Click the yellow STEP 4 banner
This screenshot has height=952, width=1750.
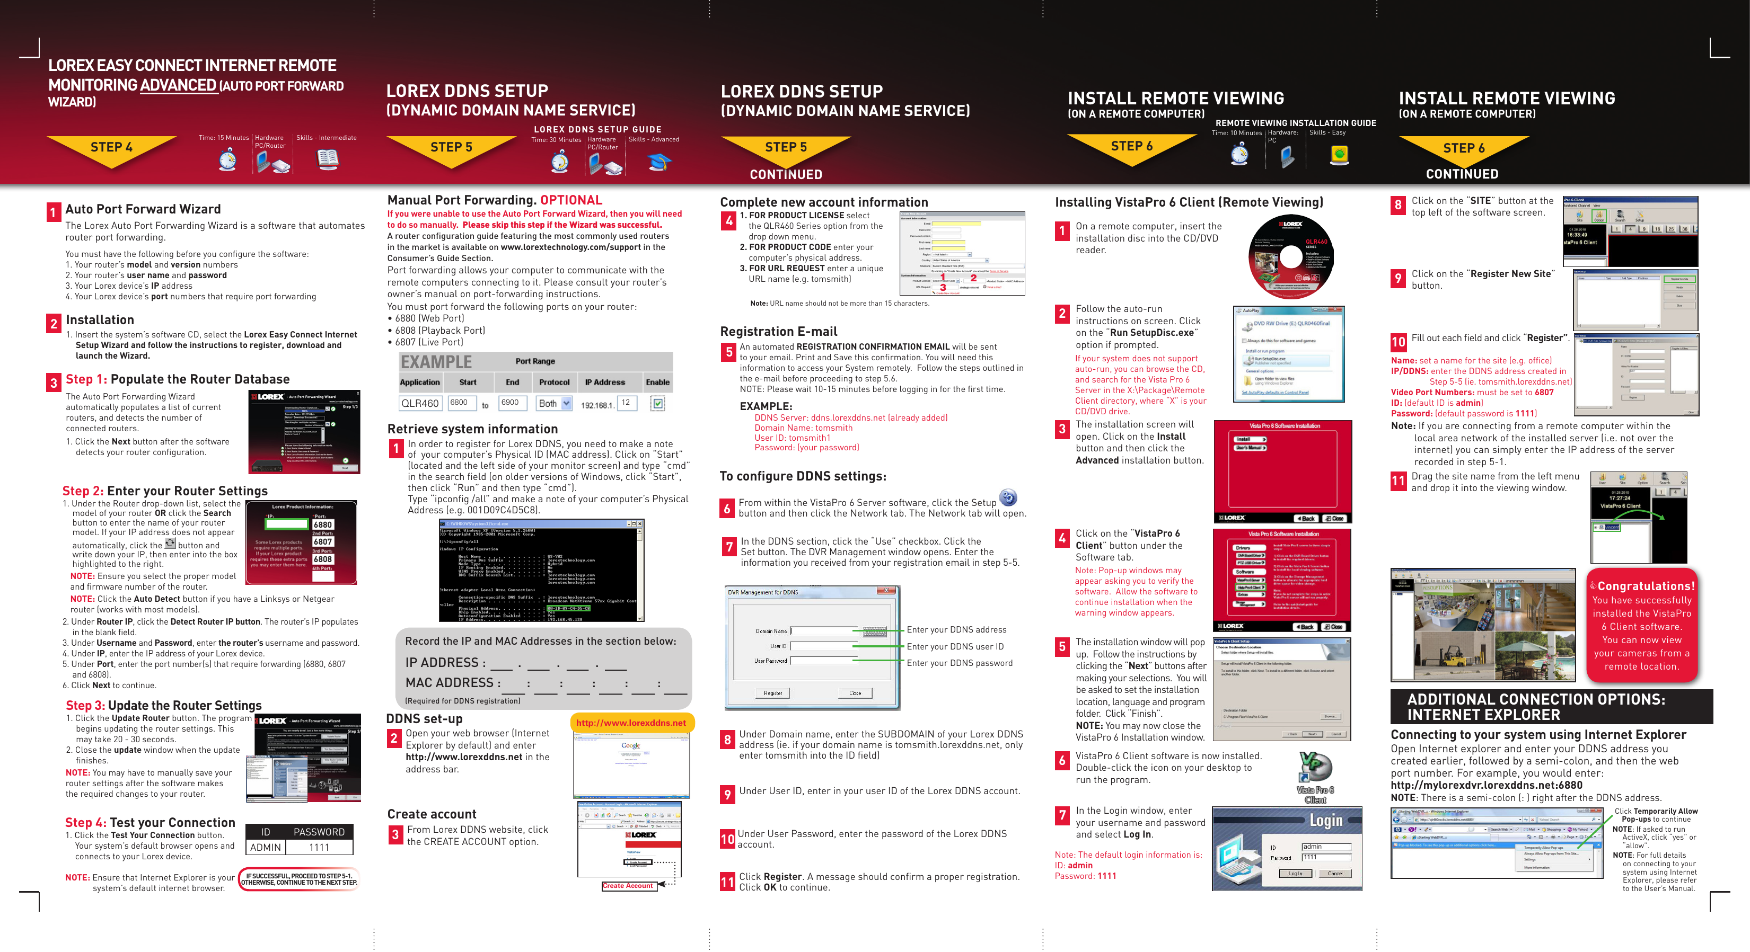111,147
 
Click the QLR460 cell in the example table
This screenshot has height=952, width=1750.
420,403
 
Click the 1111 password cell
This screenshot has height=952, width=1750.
319,848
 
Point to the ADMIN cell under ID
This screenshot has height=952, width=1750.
265,848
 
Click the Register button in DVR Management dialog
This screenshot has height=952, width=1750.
773,693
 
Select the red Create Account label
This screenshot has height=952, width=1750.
628,885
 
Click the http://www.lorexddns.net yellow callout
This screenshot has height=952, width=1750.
631,723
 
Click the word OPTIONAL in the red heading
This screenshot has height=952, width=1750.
571,200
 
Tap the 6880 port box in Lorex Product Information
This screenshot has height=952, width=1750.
323,524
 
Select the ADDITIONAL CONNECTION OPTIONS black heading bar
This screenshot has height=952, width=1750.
1551,707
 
